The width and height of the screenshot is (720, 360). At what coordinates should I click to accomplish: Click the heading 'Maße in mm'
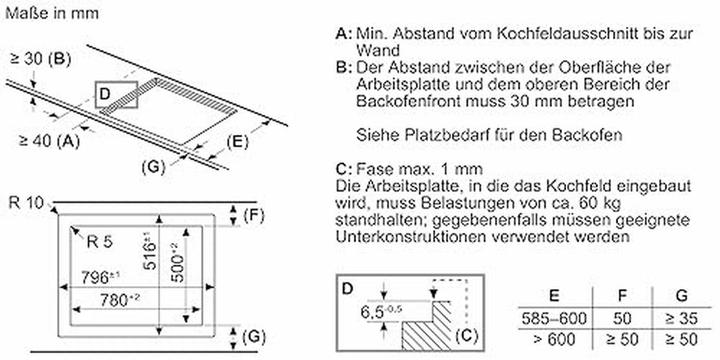tap(51, 13)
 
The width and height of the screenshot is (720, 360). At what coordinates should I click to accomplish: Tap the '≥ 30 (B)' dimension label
tap(41, 59)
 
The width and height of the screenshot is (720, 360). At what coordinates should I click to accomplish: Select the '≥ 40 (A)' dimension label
tap(50, 141)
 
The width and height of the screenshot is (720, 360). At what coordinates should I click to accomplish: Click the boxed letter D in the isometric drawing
tap(105, 94)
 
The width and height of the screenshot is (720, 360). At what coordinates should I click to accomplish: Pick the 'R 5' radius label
tap(99, 242)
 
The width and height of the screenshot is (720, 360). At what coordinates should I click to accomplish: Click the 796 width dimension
tap(101, 277)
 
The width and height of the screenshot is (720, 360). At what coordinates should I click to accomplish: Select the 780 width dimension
tap(120, 300)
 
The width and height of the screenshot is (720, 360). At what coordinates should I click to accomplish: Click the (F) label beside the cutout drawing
tap(254, 215)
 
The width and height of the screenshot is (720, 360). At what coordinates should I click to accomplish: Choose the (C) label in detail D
tap(466, 336)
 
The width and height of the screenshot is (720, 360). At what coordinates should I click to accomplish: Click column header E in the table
tap(554, 295)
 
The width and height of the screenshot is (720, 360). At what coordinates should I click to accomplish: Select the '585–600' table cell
tap(555, 318)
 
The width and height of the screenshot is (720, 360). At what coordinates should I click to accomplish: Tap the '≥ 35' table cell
tap(682, 318)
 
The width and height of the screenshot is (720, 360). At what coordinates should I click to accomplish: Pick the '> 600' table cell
tap(555, 339)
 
